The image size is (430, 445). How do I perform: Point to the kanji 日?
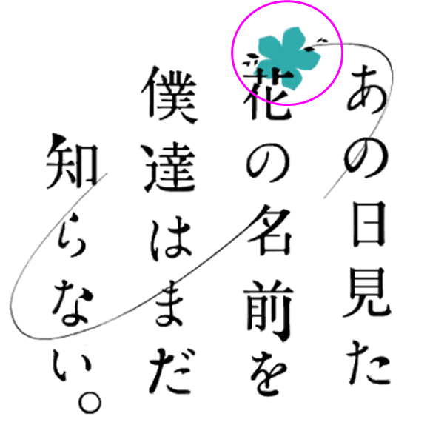[369, 224]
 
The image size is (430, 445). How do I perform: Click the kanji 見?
[366, 292]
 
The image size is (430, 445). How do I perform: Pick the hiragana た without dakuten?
[369, 364]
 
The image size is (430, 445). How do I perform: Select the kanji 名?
[269, 230]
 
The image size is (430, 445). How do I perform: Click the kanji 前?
[268, 310]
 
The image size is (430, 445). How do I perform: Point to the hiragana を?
[268, 375]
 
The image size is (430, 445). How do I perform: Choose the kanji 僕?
[169, 95]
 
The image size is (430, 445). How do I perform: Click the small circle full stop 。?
[90, 403]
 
